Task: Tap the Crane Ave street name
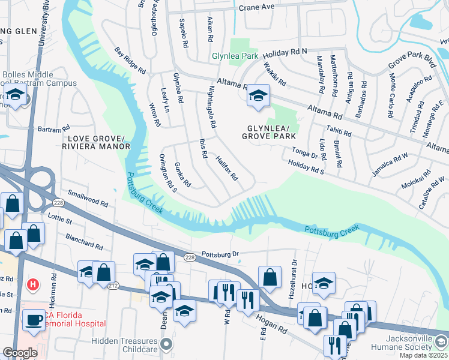point(256,8)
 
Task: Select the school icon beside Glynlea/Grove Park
point(258,96)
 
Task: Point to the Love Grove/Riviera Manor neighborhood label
point(95,142)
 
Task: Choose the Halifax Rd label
point(228,169)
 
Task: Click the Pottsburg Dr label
point(220,254)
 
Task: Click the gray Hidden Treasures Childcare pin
point(167,344)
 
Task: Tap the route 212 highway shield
point(113,286)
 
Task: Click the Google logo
point(19,353)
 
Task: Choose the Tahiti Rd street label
point(337,131)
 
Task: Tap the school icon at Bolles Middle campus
point(15,95)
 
